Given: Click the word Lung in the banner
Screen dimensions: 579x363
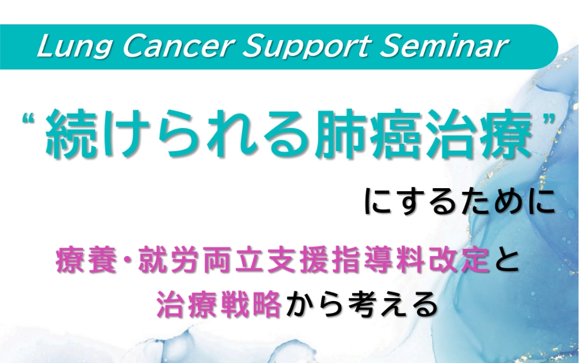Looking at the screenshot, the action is coord(75,47).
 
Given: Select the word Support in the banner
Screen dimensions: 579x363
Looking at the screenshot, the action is coord(306,47).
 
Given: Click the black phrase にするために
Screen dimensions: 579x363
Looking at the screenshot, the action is coord(459,202).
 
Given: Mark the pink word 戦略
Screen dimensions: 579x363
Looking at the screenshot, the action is coord(251,305).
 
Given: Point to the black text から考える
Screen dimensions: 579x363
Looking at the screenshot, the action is coord(362,305).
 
